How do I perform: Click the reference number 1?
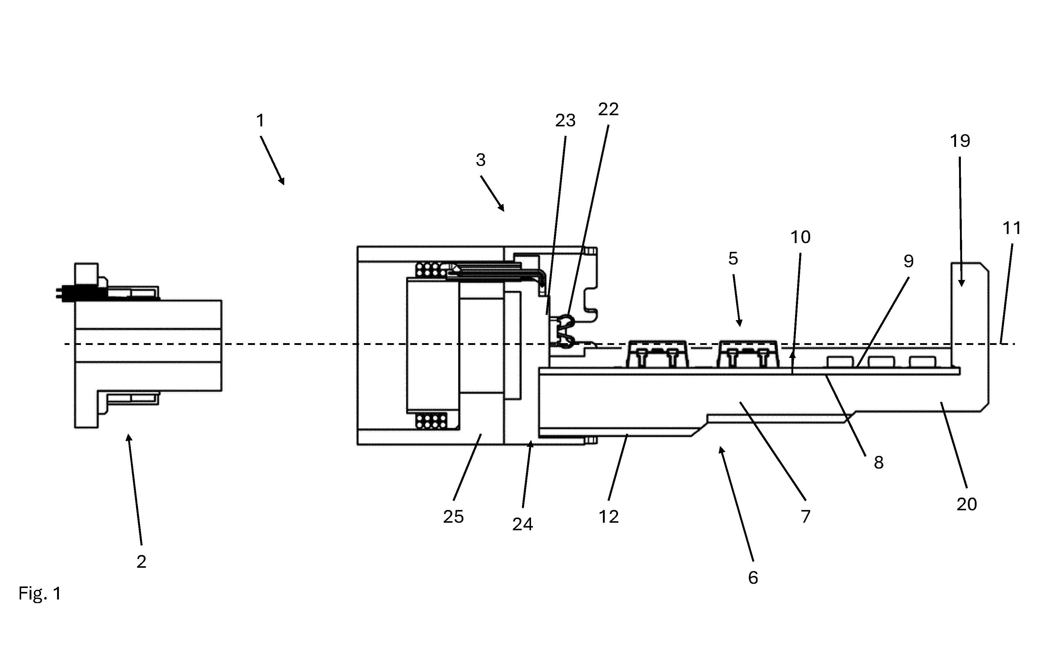[260, 121]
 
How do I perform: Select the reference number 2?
[141, 562]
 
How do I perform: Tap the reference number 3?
[481, 160]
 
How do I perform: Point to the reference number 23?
[565, 121]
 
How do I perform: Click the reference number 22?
[608, 109]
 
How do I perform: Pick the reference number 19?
[960, 141]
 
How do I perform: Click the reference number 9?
[909, 261]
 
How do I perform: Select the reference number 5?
[733, 258]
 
